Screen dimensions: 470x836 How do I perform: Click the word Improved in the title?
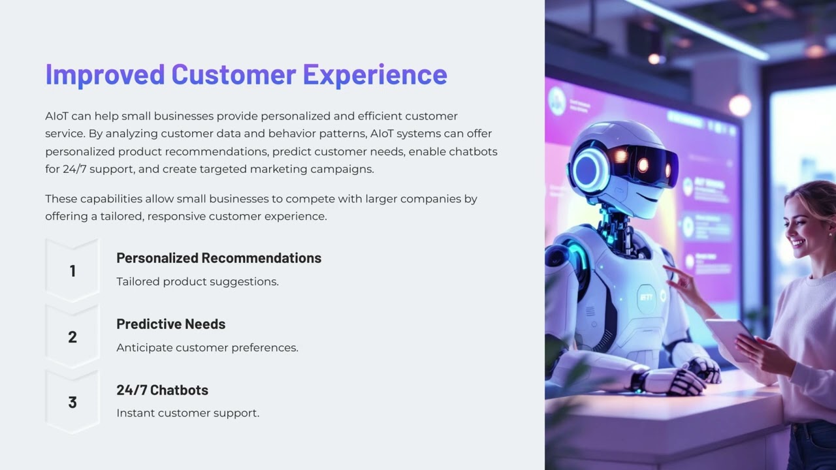tap(104, 74)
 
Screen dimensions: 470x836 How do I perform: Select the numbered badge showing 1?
tap(72, 271)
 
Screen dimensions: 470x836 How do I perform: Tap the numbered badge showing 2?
tap(72, 337)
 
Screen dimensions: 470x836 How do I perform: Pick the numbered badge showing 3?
tap(72, 403)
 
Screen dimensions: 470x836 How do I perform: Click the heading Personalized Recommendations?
tap(219, 258)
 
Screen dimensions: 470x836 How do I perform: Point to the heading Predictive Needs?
tap(171, 324)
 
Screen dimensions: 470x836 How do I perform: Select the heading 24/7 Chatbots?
tap(162, 390)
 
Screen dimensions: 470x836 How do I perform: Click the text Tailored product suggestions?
tap(197, 282)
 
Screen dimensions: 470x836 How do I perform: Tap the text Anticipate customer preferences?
tap(207, 348)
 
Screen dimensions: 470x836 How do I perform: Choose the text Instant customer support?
tap(187, 413)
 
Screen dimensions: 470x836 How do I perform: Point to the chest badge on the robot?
tap(647, 297)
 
